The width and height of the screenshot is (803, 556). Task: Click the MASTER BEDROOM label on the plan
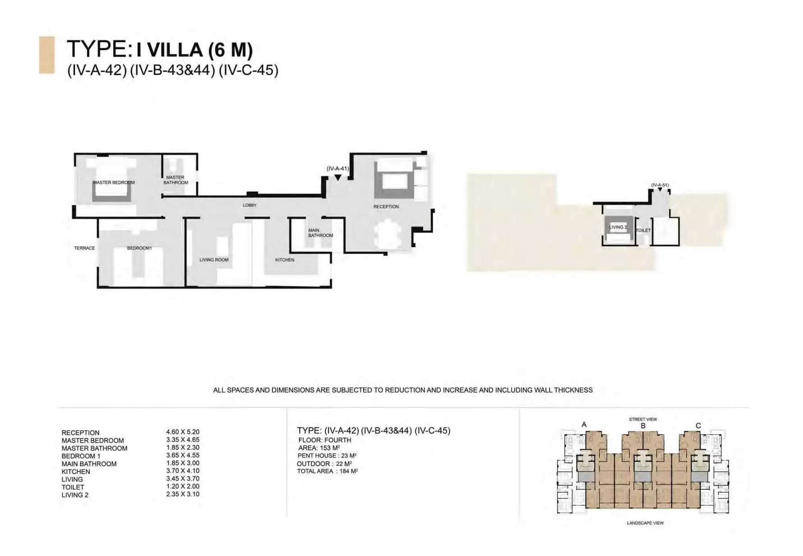pyautogui.click(x=114, y=183)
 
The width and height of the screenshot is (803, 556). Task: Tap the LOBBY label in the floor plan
pyautogui.click(x=249, y=205)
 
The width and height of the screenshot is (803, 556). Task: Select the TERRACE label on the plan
pyautogui.click(x=85, y=248)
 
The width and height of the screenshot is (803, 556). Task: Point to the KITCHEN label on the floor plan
pyautogui.click(x=285, y=260)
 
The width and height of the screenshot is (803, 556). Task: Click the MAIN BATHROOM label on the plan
pyautogui.click(x=321, y=233)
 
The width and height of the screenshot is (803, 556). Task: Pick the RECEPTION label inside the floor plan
pyautogui.click(x=386, y=207)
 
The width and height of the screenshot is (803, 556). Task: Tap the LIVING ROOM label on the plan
pyautogui.click(x=214, y=260)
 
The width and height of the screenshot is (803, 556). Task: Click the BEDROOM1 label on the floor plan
pyautogui.click(x=139, y=248)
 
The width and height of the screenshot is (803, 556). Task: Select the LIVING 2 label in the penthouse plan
pyautogui.click(x=618, y=227)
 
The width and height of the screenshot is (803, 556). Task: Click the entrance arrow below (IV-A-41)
pyautogui.click(x=338, y=178)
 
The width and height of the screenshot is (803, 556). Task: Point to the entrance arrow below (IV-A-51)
pyautogui.click(x=660, y=190)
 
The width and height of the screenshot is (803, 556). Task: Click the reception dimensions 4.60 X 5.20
pyautogui.click(x=183, y=432)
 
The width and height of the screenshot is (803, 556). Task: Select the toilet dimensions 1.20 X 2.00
pyautogui.click(x=183, y=486)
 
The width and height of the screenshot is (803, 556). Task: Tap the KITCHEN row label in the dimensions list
pyautogui.click(x=76, y=472)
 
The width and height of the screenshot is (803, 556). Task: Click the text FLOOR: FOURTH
pyautogui.click(x=325, y=440)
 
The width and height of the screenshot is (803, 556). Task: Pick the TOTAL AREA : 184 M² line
pyautogui.click(x=328, y=471)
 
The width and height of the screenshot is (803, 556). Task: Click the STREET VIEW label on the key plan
pyautogui.click(x=643, y=420)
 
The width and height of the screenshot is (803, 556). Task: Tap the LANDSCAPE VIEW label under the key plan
pyautogui.click(x=645, y=523)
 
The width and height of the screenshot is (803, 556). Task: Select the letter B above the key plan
pyautogui.click(x=643, y=426)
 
